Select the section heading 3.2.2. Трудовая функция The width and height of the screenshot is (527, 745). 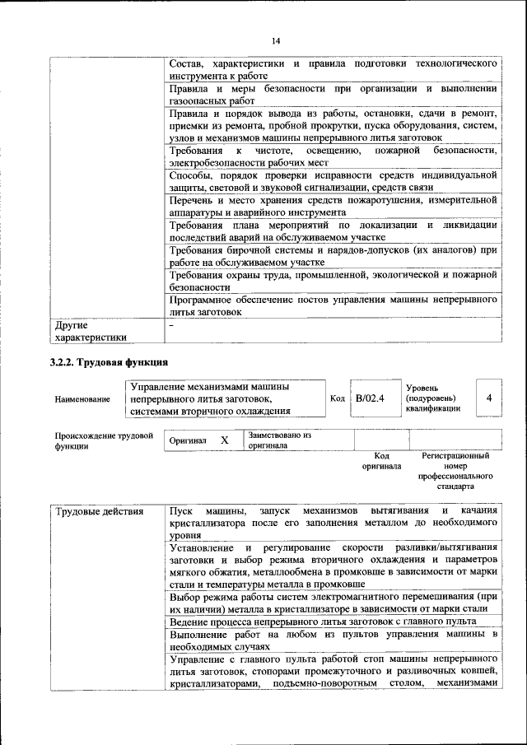(109, 361)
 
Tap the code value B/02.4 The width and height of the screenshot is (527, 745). (370, 398)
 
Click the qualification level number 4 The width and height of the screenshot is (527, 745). (489, 398)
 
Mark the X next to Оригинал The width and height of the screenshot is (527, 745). (224, 440)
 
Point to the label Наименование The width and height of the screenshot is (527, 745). (82, 399)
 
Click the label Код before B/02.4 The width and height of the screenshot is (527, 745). (337, 398)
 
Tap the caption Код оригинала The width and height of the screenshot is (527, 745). (381, 460)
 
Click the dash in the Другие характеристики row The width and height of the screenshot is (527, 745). (171, 326)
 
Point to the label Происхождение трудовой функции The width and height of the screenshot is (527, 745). (104, 440)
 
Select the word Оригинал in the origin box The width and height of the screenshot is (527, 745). (188, 440)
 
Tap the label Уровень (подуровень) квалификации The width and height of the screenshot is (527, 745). (433, 398)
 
